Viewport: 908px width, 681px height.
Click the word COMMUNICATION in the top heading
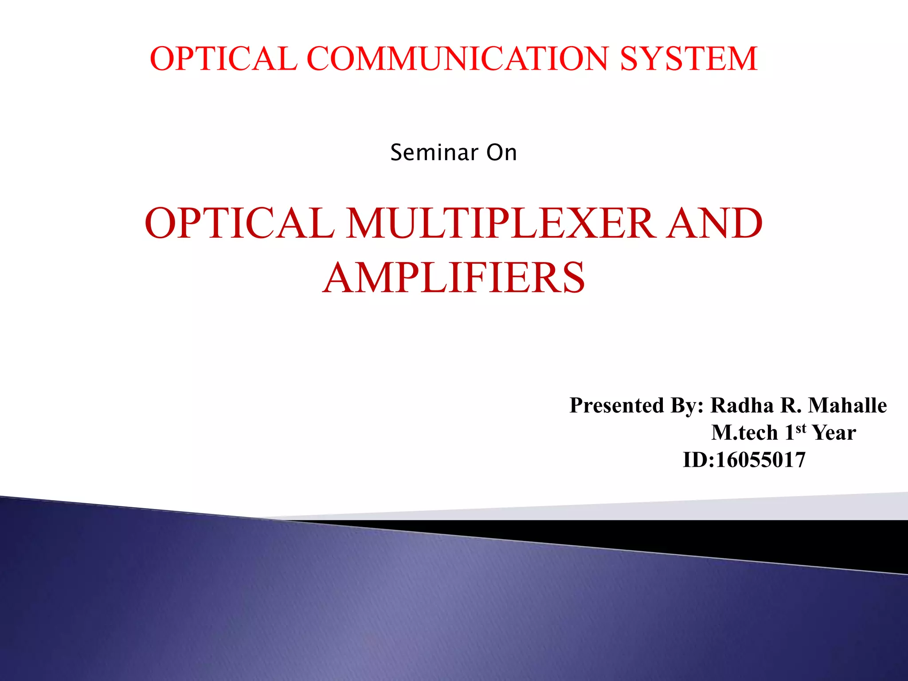pyautogui.click(x=458, y=59)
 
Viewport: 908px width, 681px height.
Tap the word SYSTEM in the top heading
pyautogui.click(x=689, y=59)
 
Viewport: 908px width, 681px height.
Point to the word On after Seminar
pyautogui.click(x=501, y=153)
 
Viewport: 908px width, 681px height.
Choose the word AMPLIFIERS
pyautogui.click(x=454, y=278)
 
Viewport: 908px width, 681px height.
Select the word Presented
pyautogui.click(x=617, y=405)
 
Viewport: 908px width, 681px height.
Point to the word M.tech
pyautogui.click(x=744, y=433)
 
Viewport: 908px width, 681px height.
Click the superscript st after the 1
pyautogui.click(x=800, y=428)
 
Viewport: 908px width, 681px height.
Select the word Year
pyautogui.click(x=834, y=433)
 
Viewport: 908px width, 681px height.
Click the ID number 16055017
pyautogui.click(x=760, y=460)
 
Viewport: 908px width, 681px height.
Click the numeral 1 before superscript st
pyautogui.click(x=789, y=433)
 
